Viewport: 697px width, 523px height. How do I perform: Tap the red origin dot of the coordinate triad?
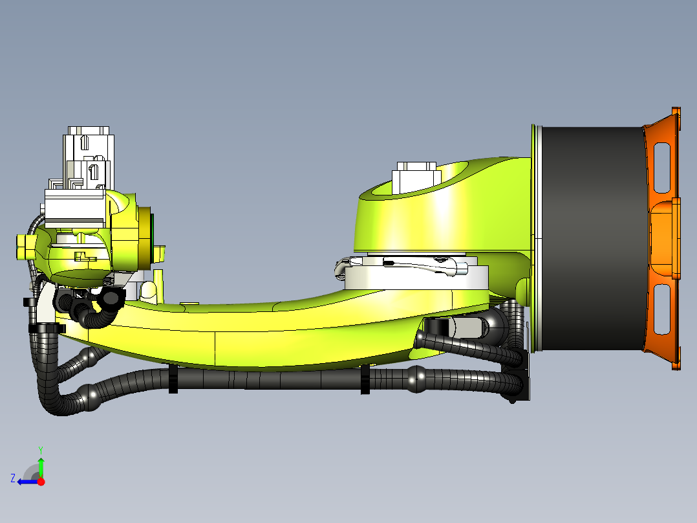(41, 482)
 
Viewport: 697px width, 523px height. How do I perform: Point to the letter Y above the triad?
(40, 449)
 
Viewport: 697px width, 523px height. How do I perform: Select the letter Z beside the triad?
(12, 478)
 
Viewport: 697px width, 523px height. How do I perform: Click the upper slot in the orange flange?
(663, 168)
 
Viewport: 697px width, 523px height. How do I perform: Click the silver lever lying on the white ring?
(401, 263)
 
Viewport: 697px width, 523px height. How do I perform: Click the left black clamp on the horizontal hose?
(173, 379)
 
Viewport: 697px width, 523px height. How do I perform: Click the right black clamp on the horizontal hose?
(365, 379)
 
